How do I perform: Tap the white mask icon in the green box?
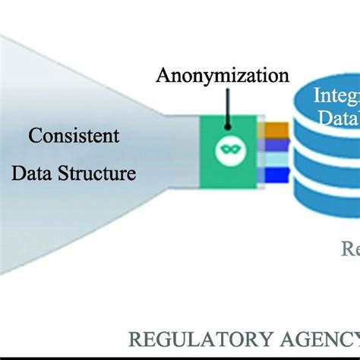(x=226, y=149)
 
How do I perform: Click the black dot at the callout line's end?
(x=226, y=109)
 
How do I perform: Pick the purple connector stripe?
(x=276, y=144)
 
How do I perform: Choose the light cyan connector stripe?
(x=276, y=159)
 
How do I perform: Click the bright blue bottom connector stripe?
(x=276, y=176)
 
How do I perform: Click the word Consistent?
(x=74, y=137)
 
